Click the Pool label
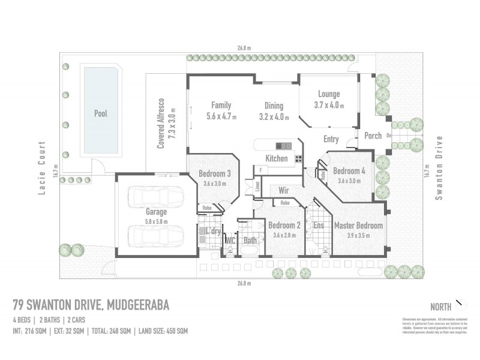[x=101, y=113]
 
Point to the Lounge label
[x=328, y=94]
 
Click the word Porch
[x=373, y=136]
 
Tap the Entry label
[x=331, y=139]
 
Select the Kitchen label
[x=277, y=158]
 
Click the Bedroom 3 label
[x=214, y=175]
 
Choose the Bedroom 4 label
[x=349, y=170]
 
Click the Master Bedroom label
[x=358, y=226]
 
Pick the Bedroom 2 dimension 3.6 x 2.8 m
[x=284, y=235]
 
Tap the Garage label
[x=156, y=212]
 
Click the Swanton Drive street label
[x=439, y=168]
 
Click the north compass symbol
[x=460, y=304]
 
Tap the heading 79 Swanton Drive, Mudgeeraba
[x=91, y=305]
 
